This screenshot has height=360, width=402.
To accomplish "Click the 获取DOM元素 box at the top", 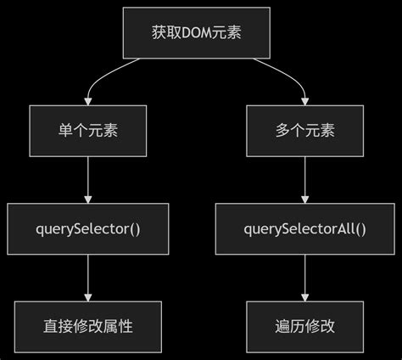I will point(197,33).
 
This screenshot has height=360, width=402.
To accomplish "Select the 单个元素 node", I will point(89,132).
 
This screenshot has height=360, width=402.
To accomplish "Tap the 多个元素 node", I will point(305,132).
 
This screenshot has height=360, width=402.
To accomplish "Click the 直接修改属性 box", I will point(89,327).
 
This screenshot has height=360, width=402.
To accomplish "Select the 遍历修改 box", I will point(305,327).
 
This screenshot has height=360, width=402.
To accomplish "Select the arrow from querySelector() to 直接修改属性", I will point(89,278).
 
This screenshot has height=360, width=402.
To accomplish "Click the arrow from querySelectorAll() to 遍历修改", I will point(305,278).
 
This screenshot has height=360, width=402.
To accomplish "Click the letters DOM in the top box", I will point(197,34).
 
